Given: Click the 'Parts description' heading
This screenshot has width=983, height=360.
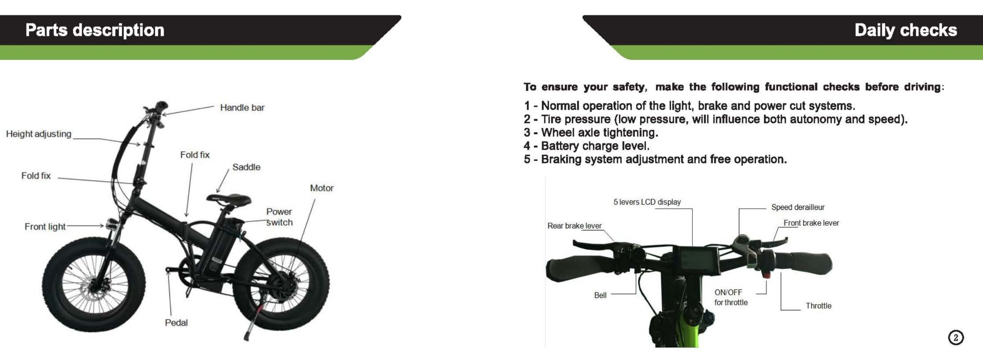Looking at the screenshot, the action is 95,30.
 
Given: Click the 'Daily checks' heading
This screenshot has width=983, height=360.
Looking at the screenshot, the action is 905,30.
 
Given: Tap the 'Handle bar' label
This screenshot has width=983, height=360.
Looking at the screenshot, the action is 242,108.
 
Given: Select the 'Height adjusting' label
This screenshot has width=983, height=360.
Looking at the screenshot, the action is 38,134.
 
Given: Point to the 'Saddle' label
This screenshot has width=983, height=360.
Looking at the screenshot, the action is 246,167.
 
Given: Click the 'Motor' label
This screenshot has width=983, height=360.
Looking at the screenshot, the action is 322,188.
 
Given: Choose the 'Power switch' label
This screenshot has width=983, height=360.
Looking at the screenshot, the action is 279,217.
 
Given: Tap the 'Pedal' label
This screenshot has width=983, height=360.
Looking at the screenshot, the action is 176,323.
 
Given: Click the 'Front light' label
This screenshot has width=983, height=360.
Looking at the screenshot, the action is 45,226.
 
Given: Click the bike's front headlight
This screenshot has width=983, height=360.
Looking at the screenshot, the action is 112,224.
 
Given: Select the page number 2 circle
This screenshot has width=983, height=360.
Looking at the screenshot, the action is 955,337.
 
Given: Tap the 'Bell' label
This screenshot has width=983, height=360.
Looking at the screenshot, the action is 600,295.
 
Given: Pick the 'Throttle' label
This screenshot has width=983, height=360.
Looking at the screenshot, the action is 818,306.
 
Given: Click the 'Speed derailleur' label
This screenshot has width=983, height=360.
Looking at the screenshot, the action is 798,207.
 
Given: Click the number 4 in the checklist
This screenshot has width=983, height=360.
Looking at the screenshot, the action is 527,146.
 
